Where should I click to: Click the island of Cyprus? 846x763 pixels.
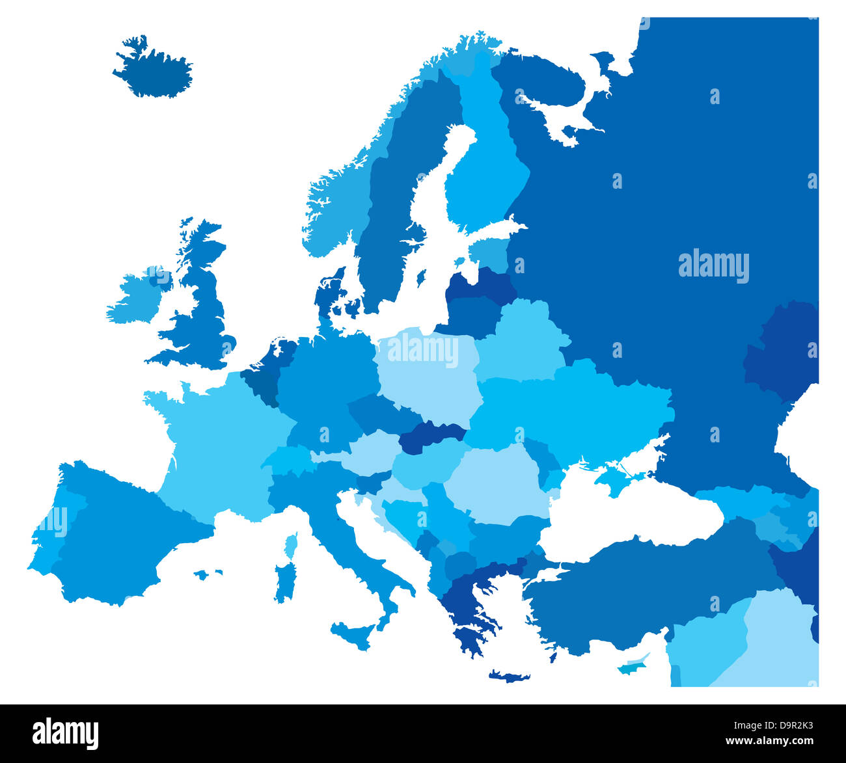[630, 667]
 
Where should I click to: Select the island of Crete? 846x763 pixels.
[509, 676]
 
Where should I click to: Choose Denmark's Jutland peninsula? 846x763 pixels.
[328, 293]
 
